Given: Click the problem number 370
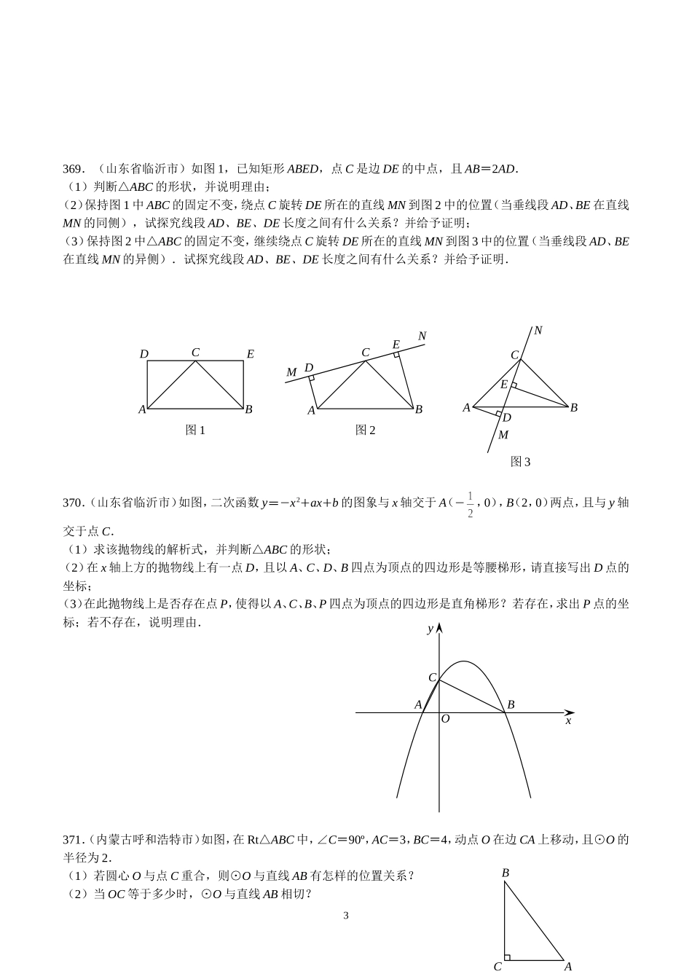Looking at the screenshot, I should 74,502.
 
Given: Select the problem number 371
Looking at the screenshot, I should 74,840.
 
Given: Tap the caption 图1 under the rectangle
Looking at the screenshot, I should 195,430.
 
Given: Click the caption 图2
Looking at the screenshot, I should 365,430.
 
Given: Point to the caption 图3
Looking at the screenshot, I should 520,462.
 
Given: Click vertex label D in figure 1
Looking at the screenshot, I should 143,354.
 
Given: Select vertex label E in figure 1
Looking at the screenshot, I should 250,354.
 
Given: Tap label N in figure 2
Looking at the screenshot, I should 422,336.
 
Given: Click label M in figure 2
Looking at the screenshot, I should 291,372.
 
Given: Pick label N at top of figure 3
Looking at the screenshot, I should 538,331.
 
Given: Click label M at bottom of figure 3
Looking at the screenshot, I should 503,435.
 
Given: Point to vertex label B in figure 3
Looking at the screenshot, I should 574,407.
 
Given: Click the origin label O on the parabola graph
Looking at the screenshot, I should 445,719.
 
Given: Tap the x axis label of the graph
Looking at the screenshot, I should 568,720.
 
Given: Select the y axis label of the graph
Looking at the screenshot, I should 430,628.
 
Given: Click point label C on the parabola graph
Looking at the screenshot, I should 432,677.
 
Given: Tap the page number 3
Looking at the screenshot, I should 346,916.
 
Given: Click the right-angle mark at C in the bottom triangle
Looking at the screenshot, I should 508,957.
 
